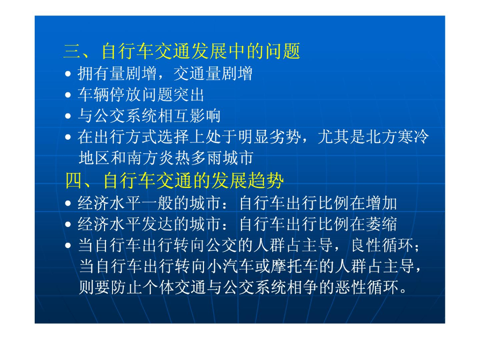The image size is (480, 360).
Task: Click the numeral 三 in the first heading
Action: (72, 51)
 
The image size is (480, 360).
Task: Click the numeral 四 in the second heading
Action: (74, 180)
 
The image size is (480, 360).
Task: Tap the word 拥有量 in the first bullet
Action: (102, 74)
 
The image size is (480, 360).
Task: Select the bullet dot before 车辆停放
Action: (68, 95)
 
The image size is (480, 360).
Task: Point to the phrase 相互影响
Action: (188, 116)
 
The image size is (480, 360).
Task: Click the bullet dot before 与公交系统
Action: (68, 116)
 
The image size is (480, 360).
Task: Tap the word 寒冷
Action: (413, 136)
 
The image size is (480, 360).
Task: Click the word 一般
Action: (157, 203)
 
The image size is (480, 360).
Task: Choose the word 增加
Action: (382, 203)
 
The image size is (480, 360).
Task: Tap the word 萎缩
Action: (382, 224)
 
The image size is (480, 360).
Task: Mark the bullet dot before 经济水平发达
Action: (68, 225)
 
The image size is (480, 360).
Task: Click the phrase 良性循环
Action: (382, 245)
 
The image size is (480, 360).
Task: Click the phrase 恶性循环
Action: (367, 287)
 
